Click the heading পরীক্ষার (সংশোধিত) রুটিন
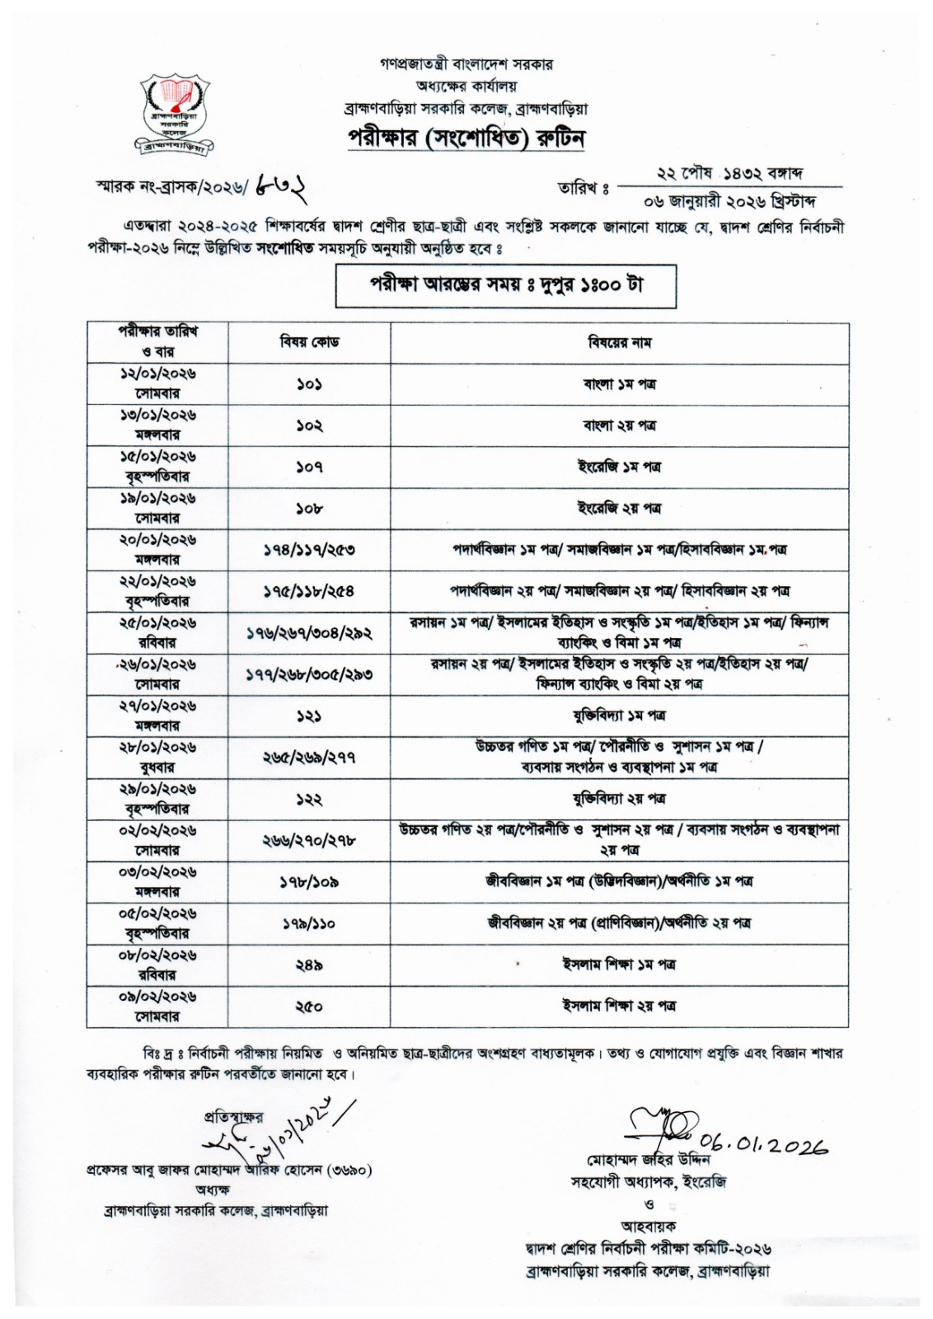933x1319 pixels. pos(466,138)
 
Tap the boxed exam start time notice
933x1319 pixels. pos(505,284)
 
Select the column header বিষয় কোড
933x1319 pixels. pos(309,342)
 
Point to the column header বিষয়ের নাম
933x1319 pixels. pos(619,342)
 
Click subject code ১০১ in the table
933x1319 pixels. pos(309,384)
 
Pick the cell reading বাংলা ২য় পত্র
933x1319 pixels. pos(619,425)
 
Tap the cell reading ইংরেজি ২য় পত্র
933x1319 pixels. pos(619,509)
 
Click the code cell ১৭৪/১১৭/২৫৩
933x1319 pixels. pos(309,550)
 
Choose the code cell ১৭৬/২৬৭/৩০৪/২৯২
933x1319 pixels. pos(309,633)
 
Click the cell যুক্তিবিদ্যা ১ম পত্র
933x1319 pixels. pos(619,716)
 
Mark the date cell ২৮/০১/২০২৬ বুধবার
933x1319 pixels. pos(157,757)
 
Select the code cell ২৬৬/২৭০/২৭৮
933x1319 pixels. pos(309,840)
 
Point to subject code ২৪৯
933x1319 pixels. pos(309,965)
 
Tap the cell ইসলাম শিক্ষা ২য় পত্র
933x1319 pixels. pos(619,1006)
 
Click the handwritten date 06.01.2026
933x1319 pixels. pos(762,1144)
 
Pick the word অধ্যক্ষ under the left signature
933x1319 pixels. pos(212,1190)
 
